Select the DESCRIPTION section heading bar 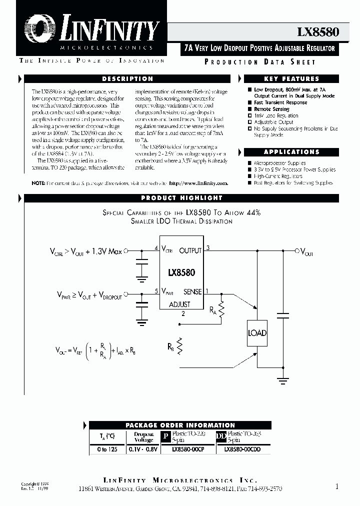(127, 79)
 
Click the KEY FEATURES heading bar (291, 79)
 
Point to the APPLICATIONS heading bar (291, 152)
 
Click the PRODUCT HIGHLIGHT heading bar (181, 198)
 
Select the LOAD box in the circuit (257, 333)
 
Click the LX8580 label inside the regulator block (181, 273)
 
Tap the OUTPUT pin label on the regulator (190, 250)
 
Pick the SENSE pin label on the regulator (192, 291)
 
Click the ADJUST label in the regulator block (179, 304)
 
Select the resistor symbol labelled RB (179, 345)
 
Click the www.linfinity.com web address (198, 183)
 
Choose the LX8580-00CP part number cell (188, 449)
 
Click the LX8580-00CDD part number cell (242, 449)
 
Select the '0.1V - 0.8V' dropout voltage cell (143, 449)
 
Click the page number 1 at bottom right (337, 485)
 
